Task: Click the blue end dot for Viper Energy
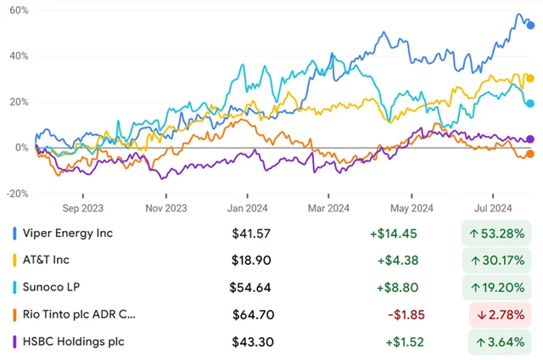(530, 25)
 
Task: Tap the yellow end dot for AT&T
(530, 79)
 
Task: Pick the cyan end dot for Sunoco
(530, 104)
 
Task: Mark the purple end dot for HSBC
(530, 139)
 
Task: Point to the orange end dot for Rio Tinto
(530, 154)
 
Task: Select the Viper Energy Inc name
(69, 233)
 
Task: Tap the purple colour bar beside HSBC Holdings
(14, 341)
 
